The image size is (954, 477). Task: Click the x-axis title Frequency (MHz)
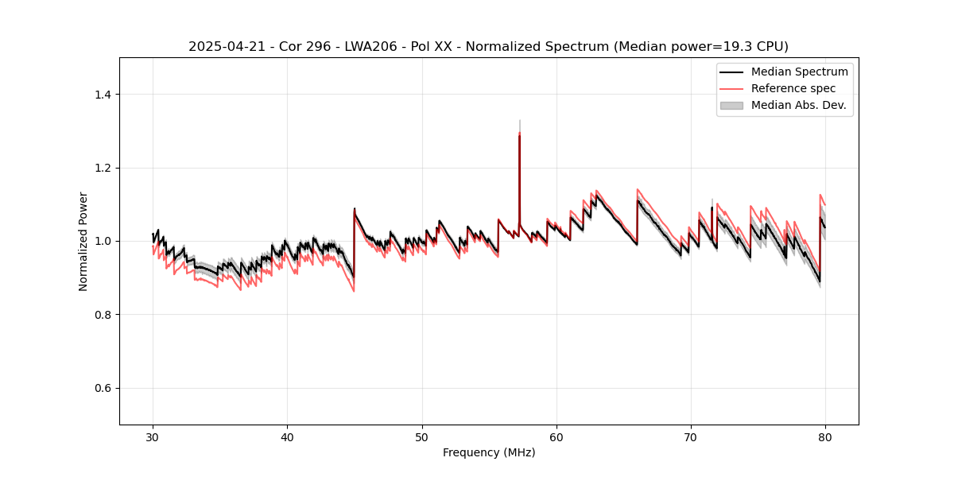[x=489, y=452]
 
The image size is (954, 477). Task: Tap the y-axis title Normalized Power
[x=83, y=241]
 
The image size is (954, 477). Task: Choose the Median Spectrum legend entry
[x=799, y=72]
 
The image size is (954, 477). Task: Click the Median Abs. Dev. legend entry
[x=798, y=105]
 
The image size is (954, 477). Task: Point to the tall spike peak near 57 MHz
[x=519, y=134]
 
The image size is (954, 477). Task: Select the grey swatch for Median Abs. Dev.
[x=731, y=105]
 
